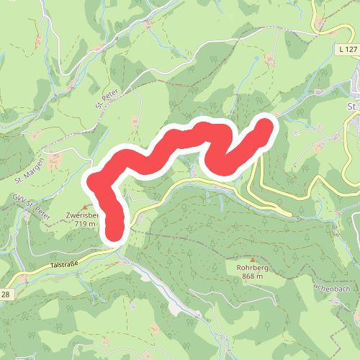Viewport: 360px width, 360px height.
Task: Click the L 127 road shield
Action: (347, 48)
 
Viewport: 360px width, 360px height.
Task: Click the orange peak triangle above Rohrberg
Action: (253, 259)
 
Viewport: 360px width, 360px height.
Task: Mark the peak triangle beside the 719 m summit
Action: (83, 207)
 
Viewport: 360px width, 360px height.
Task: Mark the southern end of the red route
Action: (115, 232)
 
